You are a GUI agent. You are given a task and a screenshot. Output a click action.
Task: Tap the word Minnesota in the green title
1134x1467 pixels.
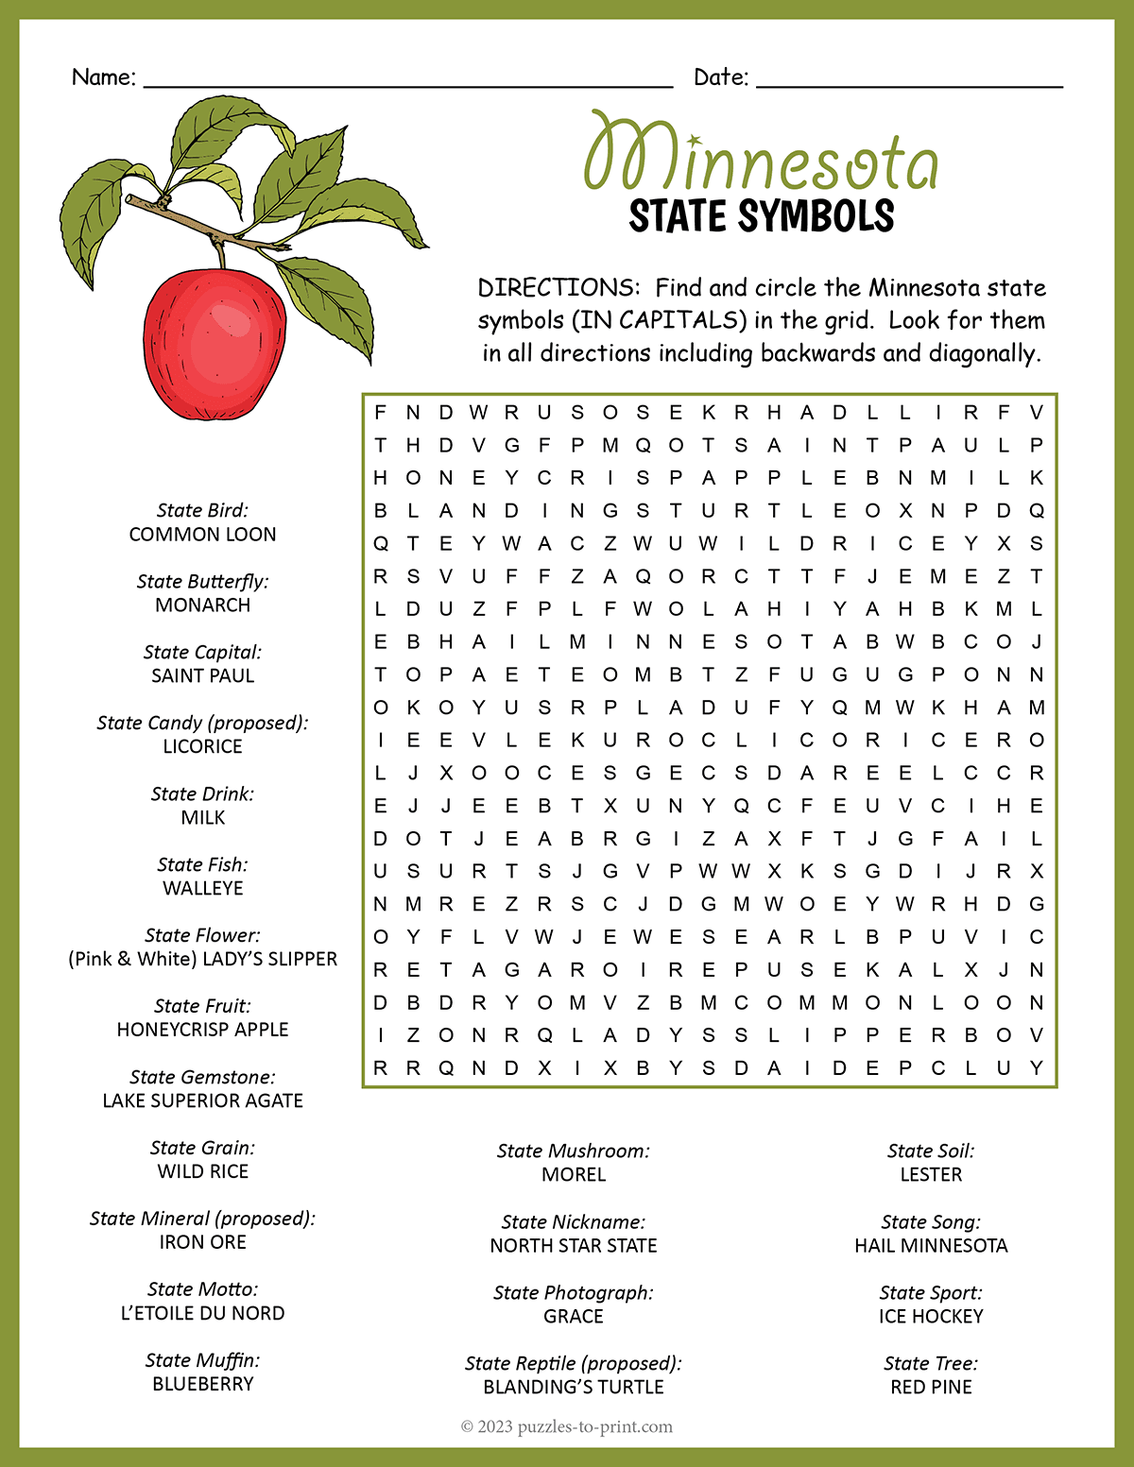tap(761, 157)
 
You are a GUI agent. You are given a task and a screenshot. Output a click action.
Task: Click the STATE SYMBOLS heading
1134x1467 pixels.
tap(761, 216)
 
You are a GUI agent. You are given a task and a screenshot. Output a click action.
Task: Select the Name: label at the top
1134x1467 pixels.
tap(104, 77)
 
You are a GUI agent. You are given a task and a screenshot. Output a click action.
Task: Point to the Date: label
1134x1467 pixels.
tap(721, 77)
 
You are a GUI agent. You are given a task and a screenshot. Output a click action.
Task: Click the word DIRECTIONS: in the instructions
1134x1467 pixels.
tap(558, 288)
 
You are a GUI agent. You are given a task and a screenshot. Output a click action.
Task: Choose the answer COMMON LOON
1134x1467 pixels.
tap(202, 535)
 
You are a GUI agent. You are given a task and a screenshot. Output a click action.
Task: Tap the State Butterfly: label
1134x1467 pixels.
tap(202, 582)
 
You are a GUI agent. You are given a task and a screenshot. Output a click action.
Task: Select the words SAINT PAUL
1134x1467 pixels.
tap(202, 676)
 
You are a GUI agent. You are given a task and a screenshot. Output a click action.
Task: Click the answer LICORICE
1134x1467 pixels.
tap(202, 747)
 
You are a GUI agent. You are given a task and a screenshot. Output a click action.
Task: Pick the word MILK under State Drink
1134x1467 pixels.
tap(202, 818)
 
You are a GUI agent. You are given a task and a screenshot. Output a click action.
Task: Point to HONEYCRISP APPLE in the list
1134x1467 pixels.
tap(202, 1030)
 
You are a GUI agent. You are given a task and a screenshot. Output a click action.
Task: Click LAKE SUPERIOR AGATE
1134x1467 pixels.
tap(202, 1100)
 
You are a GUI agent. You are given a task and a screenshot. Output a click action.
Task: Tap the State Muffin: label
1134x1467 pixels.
tap(202, 1360)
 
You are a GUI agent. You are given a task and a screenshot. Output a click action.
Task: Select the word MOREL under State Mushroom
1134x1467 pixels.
tap(574, 1175)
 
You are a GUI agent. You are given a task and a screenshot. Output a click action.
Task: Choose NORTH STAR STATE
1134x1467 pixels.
tap(574, 1246)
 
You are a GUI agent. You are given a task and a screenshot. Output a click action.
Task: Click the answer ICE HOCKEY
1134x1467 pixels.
tap(931, 1317)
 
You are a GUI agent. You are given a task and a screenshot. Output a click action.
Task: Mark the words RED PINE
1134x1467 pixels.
tap(931, 1388)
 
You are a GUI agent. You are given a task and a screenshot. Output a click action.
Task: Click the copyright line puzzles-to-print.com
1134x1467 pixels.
tap(567, 1426)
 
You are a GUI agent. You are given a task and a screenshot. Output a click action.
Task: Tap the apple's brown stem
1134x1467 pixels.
tap(220, 254)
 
